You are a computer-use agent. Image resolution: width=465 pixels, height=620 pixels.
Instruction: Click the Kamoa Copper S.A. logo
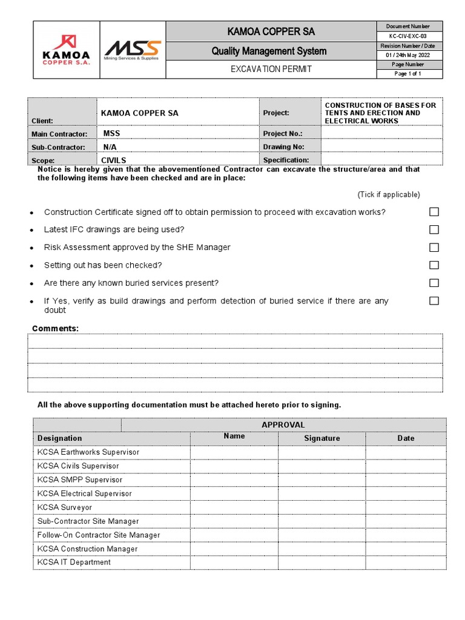coord(66,50)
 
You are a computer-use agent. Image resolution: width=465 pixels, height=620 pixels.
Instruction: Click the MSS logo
coord(132,50)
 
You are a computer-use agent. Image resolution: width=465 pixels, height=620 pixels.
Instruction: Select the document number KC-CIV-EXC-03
coord(411,36)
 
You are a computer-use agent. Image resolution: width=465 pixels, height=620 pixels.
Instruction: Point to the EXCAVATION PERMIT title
coord(271,69)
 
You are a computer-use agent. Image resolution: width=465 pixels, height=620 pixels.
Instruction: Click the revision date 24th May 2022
coord(411,55)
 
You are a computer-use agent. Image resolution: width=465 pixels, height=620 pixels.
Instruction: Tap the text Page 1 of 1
coord(407,74)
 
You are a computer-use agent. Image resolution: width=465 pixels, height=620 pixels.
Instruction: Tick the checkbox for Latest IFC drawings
coord(434,229)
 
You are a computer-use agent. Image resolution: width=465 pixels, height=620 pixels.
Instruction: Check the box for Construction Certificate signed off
coord(434,212)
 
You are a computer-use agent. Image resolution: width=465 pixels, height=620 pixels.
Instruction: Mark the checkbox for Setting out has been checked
coord(434,265)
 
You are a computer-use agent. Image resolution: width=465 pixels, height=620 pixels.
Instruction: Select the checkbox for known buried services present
coord(434,283)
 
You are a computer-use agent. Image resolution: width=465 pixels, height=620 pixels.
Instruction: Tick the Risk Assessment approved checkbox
coord(434,247)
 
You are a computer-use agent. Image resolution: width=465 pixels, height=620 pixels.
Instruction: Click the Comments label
coord(55,328)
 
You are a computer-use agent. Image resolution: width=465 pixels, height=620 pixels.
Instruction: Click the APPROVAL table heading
coord(283,425)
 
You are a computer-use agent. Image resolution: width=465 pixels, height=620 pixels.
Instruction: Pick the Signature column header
coord(322,438)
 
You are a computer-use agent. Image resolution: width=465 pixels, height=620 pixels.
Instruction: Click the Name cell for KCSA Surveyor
coord(234,507)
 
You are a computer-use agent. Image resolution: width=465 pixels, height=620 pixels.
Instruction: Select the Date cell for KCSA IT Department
coord(406,562)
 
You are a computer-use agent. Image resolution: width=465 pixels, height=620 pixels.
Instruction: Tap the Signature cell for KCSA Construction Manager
coord(322,549)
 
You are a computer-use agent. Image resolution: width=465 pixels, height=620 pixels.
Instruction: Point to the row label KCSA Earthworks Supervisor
coord(88,452)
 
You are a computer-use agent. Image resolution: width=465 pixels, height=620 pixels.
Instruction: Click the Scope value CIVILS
coord(113,160)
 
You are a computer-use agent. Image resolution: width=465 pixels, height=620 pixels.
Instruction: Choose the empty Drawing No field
coord(381,147)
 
